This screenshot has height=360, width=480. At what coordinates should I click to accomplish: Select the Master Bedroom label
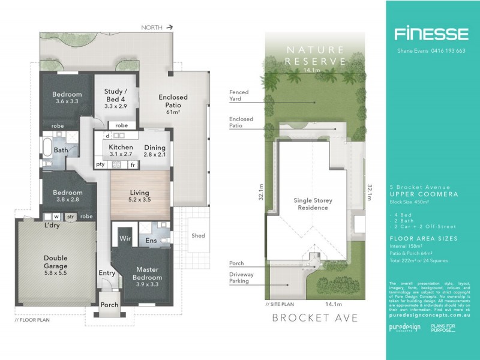[x=148, y=274]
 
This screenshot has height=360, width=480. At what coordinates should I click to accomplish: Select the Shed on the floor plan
[x=198, y=236]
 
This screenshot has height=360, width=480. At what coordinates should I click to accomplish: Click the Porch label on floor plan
[x=109, y=305]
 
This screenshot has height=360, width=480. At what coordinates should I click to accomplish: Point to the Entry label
[x=107, y=273]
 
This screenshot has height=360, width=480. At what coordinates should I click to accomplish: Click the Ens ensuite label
[x=151, y=241]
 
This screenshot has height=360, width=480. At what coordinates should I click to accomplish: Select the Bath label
[x=61, y=151]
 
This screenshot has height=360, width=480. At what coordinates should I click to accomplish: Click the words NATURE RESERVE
[x=316, y=55]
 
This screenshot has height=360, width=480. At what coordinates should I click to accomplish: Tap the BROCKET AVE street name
[x=315, y=317]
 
